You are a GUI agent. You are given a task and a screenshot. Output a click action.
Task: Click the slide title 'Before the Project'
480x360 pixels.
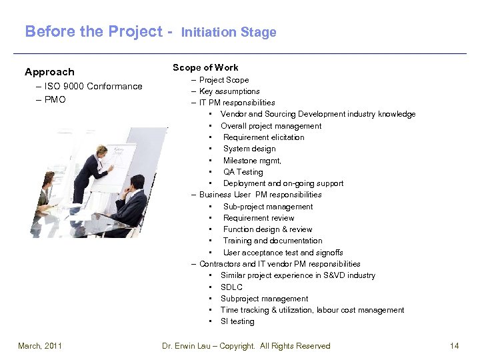click(x=93, y=31)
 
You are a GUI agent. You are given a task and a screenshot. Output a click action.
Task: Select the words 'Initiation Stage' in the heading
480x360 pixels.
click(x=229, y=32)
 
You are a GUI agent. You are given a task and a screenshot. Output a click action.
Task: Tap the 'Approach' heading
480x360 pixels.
click(x=49, y=72)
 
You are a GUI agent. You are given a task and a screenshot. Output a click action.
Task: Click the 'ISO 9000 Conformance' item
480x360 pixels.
click(x=94, y=86)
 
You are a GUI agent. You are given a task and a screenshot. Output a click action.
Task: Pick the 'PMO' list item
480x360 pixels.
click(x=55, y=99)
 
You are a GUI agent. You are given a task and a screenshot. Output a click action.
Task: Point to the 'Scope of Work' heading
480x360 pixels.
click(x=205, y=67)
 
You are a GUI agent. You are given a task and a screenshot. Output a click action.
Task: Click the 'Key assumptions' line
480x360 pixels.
click(x=229, y=91)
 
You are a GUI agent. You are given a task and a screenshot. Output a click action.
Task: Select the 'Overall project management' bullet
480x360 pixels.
click(x=271, y=126)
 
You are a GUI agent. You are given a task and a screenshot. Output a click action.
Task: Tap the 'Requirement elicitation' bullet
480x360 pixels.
click(x=263, y=137)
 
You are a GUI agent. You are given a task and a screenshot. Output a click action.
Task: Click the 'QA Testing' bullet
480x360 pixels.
click(x=243, y=172)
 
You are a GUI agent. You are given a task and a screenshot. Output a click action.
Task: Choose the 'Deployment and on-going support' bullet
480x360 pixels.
click(x=283, y=183)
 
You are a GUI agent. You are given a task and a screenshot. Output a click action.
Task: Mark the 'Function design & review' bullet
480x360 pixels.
click(x=267, y=229)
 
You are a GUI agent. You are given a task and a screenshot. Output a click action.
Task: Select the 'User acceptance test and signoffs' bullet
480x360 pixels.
click(x=283, y=253)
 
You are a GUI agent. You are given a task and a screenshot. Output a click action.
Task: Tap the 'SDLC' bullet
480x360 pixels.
click(x=231, y=287)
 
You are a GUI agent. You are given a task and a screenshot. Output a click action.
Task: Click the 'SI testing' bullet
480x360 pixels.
click(x=237, y=321)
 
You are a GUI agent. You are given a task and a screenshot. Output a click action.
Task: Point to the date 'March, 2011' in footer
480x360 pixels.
click(x=39, y=345)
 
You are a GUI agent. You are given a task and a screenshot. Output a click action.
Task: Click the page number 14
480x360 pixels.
click(x=455, y=345)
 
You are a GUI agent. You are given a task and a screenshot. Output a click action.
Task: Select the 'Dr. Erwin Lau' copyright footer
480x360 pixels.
click(x=246, y=345)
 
